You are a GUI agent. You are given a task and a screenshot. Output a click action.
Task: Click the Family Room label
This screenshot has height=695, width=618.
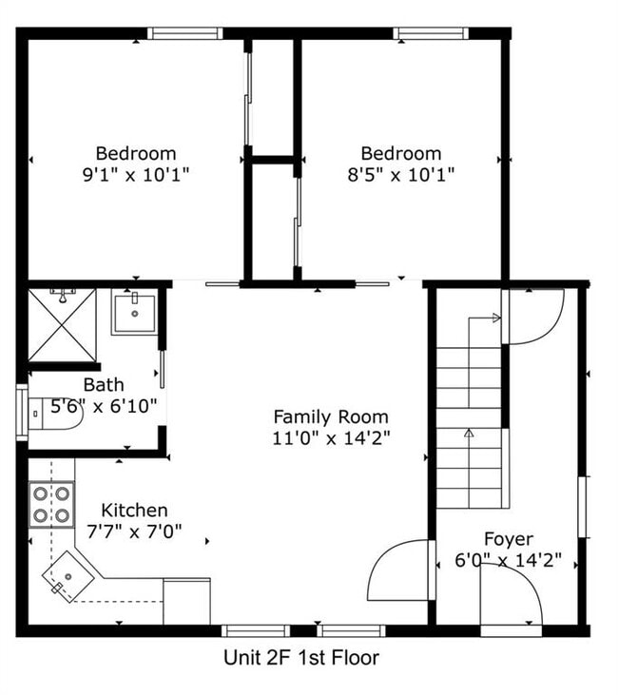point(331,417)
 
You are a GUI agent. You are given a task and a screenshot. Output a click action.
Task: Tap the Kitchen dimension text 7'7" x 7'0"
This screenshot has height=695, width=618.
point(134,531)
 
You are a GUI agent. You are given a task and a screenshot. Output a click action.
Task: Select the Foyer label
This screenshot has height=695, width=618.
point(509,539)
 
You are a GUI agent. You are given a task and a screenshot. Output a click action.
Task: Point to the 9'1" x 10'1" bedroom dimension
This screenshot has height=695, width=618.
point(136,175)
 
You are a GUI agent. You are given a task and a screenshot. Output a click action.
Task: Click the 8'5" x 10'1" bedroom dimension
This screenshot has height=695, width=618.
point(401,175)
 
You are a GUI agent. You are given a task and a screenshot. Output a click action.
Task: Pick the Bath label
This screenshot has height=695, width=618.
point(104,385)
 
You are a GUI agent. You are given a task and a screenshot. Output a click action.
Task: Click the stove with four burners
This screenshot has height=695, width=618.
point(51,505)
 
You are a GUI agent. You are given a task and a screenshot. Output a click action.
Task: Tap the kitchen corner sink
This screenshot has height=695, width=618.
point(68,577)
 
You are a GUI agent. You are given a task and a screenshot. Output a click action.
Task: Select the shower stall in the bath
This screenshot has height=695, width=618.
point(62,325)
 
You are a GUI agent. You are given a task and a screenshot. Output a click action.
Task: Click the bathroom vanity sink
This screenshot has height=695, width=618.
point(135,313)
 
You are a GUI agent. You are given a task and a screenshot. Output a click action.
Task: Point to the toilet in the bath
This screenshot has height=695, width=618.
point(55,414)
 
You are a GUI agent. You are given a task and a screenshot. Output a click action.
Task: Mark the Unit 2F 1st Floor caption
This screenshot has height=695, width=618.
point(301,657)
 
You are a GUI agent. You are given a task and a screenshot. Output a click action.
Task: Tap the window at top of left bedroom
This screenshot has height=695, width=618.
point(184,33)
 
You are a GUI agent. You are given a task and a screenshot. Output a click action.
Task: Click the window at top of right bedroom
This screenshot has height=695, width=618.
point(431,33)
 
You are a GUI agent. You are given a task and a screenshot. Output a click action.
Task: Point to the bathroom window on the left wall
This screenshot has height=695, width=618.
point(22,413)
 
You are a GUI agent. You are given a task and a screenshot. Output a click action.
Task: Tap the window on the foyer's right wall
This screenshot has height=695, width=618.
point(585,507)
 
